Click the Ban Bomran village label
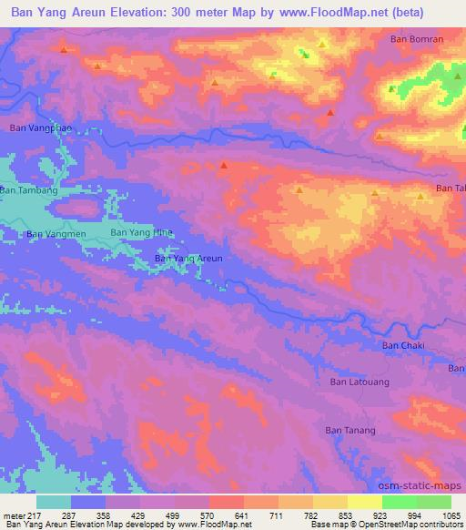417,39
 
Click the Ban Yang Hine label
141,232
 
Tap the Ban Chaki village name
403,345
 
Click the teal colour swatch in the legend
54,502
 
